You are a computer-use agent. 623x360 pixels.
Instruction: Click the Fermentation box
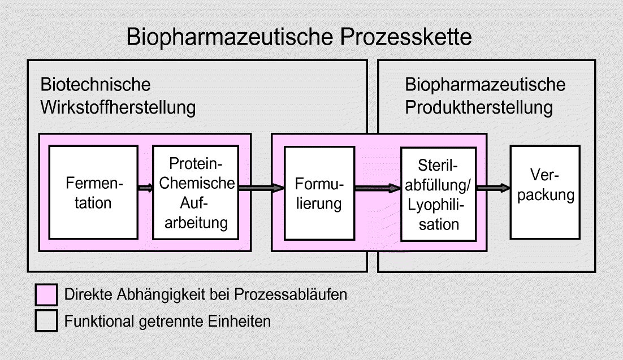(93, 192)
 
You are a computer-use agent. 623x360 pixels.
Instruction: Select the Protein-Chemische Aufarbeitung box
(195, 192)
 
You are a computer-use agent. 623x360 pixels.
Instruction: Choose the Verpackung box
(545, 192)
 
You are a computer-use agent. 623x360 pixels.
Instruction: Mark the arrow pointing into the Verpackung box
(493, 188)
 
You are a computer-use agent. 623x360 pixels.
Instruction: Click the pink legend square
(46, 294)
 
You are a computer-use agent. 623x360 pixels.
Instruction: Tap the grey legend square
(46, 321)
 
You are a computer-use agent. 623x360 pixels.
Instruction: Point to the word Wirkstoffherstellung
(118, 107)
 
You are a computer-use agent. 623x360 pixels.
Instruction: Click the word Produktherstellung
(479, 107)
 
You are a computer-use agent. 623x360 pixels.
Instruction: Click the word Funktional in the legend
(99, 321)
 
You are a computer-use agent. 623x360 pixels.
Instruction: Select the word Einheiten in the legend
(239, 321)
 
